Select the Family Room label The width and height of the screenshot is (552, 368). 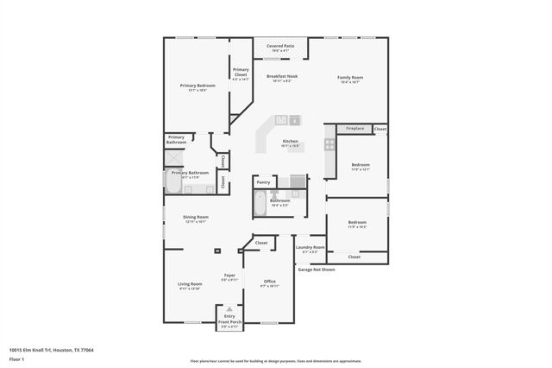coord(349,77)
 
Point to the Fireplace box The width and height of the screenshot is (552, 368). coord(354,129)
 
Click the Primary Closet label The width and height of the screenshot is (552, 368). coord(240,72)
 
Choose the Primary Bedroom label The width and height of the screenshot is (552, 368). coord(198,86)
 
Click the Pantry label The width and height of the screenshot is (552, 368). coord(263,182)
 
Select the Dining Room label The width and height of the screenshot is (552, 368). coord(195,217)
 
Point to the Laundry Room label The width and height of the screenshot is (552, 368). coord(310,248)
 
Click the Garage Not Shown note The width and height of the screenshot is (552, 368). coord(316,270)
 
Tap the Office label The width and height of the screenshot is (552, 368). coord(269,282)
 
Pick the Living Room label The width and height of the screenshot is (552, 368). coord(190,284)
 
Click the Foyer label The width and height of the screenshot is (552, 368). coord(229,276)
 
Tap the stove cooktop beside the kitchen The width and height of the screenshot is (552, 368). coord(329,146)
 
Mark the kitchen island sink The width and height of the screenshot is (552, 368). coord(293,120)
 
